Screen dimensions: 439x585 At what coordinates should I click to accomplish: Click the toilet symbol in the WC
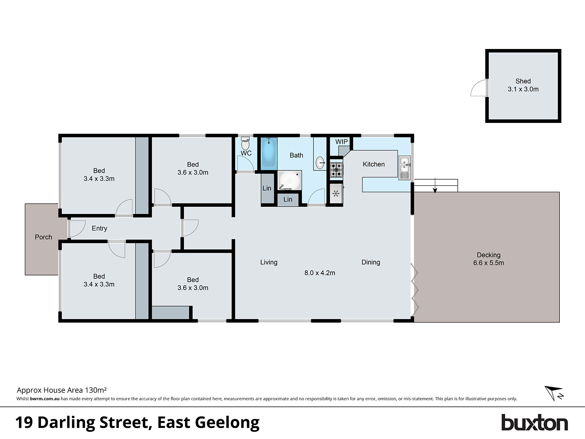(x=245, y=144)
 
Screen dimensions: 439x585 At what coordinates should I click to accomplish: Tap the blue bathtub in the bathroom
(x=269, y=152)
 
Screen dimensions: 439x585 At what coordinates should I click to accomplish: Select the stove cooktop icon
(x=336, y=170)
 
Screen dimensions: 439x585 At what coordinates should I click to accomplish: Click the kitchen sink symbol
(x=404, y=168)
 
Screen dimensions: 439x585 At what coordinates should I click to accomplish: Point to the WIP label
(x=341, y=142)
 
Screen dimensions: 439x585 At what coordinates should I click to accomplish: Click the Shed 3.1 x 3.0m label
(x=523, y=85)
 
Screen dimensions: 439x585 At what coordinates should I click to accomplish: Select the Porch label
(x=43, y=237)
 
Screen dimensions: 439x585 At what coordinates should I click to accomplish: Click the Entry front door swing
(x=77, y=229)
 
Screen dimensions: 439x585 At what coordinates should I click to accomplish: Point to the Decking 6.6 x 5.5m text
(x=488, y=259)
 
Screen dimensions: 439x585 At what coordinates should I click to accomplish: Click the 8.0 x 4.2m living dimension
(x=320, y=273)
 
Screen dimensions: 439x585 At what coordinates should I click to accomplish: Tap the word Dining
(x=371, y=262)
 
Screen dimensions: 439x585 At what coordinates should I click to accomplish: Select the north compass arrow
(x=553, y=393)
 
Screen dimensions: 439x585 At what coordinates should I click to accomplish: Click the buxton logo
(x=534, y=423)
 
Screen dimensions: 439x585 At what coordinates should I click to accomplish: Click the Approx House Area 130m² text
(x=62, y=390)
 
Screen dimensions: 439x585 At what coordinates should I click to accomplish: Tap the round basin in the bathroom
(x=320, y=163)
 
